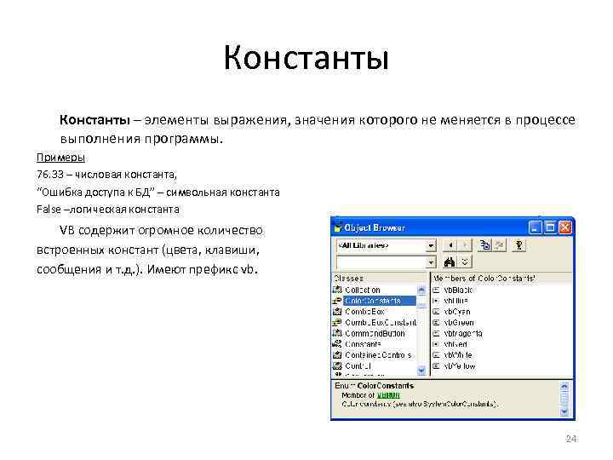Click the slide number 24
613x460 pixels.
click(x=571, y=439)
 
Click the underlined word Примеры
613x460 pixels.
click(x=60, y=158)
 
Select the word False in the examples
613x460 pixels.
click(x=49, y=209)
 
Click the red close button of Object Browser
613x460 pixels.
click(x=564, y=227)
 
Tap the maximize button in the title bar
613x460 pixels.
click(x=550, y=227)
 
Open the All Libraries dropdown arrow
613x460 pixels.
click(x=431, y=245)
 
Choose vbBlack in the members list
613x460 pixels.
click(x=457, y=290)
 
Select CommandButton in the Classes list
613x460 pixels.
click(x=375, y=333)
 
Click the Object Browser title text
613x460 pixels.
click(x=375, y=227)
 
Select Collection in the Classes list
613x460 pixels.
click(x=363, y=290)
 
